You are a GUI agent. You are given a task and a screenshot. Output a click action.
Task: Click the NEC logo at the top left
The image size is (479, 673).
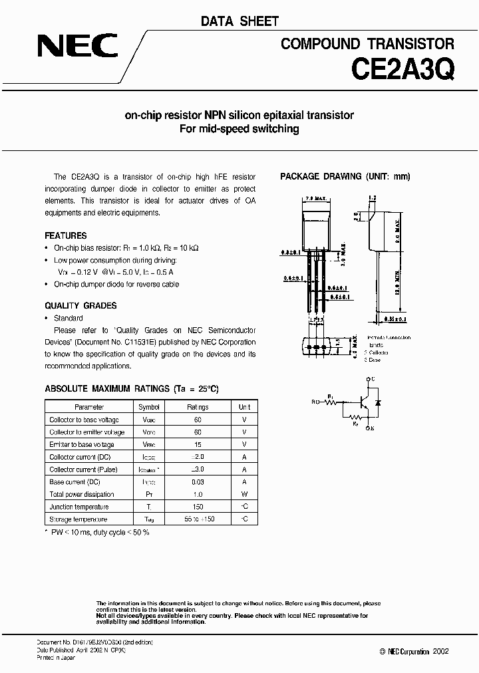pos(77,47)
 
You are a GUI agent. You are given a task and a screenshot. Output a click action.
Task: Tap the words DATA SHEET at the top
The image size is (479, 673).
pos(239,22)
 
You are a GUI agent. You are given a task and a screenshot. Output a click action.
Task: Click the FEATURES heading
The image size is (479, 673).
pos(65,235)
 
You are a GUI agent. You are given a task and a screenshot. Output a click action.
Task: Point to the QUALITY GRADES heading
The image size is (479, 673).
pos(80,306)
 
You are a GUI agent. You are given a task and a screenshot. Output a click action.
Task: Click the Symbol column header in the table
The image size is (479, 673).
pos(149,407)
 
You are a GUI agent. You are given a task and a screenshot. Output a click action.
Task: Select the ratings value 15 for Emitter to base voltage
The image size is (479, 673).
pos(198,444)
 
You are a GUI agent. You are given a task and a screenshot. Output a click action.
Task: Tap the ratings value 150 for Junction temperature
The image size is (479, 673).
pos(198,506)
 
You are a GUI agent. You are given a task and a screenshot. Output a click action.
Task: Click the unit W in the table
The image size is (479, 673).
pos(245,494)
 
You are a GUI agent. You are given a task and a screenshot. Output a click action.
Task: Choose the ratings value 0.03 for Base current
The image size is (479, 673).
pos(198,481)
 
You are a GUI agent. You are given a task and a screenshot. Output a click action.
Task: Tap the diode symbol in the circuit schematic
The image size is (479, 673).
pos(379,403)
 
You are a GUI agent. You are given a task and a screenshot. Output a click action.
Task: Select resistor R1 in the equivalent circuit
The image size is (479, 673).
pos(336,400)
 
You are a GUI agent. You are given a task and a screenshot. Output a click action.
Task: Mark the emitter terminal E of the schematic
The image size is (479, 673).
pos(371,430)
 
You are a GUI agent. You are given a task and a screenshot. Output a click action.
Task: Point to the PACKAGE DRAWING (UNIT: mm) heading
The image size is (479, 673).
pos(345,176)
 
